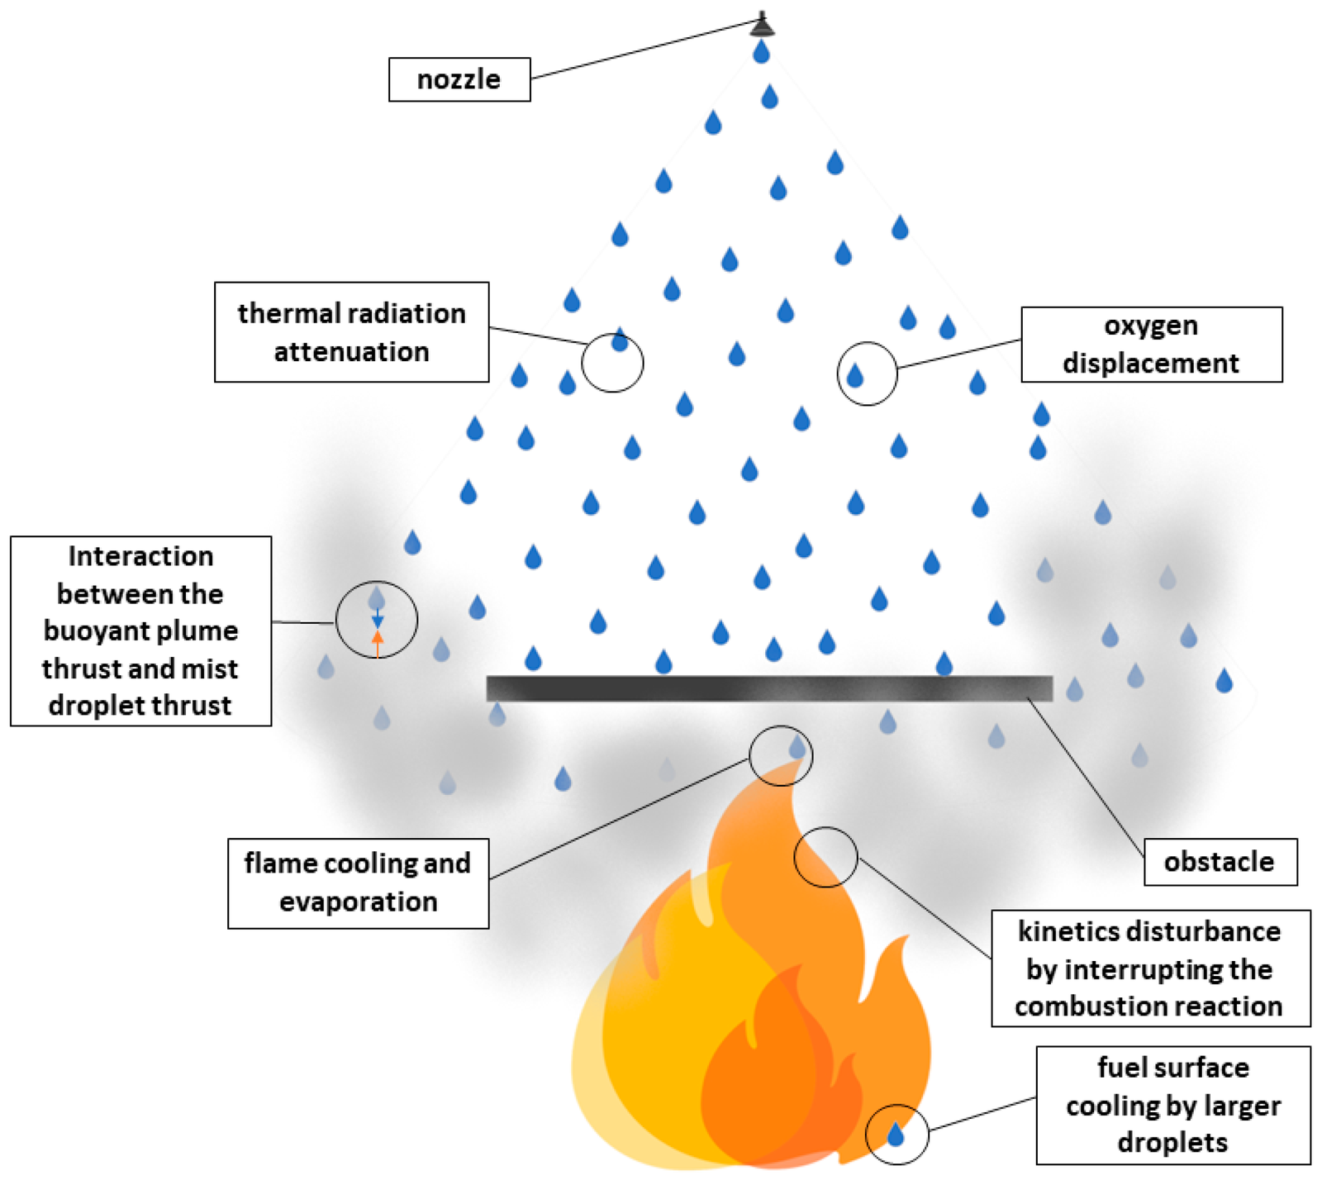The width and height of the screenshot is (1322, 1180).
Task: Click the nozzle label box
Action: pos(459,79)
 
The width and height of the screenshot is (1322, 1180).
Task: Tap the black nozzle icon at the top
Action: pos(762,26)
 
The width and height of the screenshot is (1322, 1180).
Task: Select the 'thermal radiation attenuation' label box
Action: pos(351,332)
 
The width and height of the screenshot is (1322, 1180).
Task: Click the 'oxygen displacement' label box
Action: pos(1151,345)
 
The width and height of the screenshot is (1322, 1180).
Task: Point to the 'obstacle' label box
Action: pos(1220,862)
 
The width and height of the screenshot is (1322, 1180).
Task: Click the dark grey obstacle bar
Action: pos(768,688)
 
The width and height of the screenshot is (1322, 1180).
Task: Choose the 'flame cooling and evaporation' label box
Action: pos(358,883)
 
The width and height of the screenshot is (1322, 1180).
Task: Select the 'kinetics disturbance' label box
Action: pos(1150,968)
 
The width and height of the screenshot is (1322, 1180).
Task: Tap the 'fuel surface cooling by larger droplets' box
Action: pos(1172,1105)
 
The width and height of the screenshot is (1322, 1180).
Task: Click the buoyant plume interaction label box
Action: pos(140,631)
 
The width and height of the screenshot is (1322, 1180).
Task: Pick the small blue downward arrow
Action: pos(378,619)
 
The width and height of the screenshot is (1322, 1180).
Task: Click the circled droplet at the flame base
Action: pos(896,1135)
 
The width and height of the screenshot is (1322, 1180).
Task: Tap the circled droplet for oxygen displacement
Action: pos(855,377)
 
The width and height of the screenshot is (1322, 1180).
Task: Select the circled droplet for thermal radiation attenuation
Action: pos(619,340)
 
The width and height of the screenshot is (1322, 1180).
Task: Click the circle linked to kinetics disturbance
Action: pos(825,857)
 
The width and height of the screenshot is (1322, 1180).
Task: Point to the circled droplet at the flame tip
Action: pos(797,748)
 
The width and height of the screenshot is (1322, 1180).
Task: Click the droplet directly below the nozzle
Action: pos(761,53)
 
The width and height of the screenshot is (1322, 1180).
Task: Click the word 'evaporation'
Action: pos(358,902)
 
